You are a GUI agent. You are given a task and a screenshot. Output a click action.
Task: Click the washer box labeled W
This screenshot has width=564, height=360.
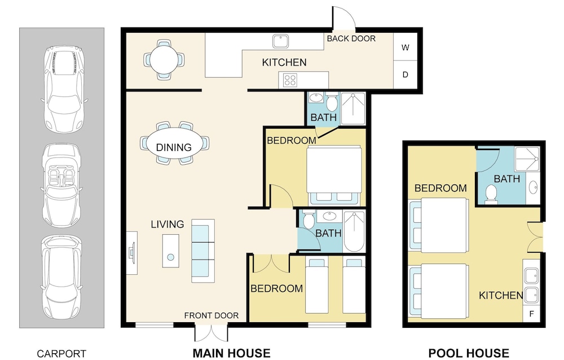pos(405,47)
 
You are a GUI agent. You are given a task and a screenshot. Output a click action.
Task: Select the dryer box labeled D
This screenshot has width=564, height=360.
pos(405,74)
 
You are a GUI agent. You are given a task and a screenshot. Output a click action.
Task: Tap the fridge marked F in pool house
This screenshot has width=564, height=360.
pos(531,314)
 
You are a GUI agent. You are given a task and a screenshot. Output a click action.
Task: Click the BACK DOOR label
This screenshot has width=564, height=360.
pos(351,38)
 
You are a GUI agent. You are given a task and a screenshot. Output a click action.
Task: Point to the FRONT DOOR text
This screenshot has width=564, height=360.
pos(211,316)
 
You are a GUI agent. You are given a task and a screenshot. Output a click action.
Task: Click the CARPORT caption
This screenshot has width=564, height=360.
pos(61,354)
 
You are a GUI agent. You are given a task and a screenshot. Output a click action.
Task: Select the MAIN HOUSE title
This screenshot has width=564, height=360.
pos(232,353)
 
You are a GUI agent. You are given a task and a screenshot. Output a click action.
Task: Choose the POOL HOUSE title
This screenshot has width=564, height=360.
pos(469,353)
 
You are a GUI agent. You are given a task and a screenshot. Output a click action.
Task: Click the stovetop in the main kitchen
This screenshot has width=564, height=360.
pos(290,80)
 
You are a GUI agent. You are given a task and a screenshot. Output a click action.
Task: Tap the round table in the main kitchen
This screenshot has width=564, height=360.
pos(164,60)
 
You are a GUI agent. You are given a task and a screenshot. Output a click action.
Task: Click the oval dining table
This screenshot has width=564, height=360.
pos(174,143)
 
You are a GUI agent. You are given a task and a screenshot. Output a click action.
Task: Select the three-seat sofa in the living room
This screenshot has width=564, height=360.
pos(203,251)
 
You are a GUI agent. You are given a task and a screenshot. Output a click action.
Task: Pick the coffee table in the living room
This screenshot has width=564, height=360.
pos(170,251)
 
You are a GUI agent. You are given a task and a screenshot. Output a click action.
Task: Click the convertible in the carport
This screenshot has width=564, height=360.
pos(61,186)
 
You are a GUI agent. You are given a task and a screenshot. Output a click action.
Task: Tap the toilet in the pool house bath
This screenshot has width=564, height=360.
pos(491,194)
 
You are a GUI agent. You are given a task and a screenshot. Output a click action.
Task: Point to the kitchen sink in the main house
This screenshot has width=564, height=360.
pos(281,41)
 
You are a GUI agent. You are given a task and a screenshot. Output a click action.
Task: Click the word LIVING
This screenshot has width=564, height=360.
pos(168,224)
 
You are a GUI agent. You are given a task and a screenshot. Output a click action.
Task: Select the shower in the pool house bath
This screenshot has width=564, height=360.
pos(527,159)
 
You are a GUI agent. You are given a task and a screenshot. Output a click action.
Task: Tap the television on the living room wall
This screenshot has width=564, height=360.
pos(133,253)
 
